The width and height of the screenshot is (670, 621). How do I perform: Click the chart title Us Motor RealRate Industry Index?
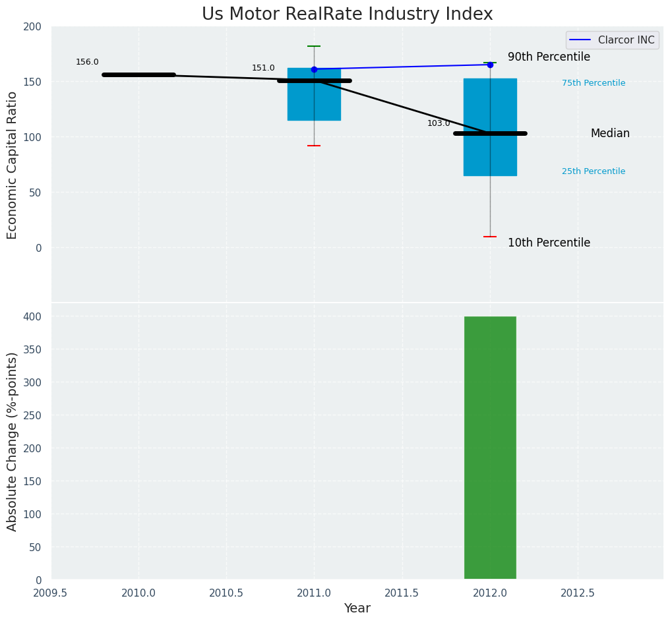pos(347,14)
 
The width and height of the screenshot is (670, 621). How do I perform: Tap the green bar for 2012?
pos(490,448)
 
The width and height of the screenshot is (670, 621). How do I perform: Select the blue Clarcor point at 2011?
pos(314,69)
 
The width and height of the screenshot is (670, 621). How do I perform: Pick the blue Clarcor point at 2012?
pos(490,65)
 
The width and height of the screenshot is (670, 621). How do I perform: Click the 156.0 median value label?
pos(87,62)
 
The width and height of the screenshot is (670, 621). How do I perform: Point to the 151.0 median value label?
pos(263,68)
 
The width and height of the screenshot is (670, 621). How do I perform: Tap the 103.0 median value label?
pos(439,123)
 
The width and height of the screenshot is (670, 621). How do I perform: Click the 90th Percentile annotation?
pos(549,57)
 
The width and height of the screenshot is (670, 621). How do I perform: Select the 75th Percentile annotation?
pos(594,83)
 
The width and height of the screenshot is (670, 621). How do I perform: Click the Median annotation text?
pos(610,133)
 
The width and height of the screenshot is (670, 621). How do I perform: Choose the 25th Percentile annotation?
pos(594,171)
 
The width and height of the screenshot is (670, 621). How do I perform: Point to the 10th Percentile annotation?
pos(549,243)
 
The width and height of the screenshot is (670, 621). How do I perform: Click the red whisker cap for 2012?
pos(490,237)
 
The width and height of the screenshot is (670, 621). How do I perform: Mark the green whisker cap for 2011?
pos(314,46)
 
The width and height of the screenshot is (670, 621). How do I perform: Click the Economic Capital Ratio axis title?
pos(13,165)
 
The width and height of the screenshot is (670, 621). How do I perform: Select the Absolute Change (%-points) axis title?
pos(13,441)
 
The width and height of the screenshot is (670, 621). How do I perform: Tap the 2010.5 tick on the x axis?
pos(226,593)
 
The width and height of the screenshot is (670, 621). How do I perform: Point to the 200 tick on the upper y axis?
pos(33,26)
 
